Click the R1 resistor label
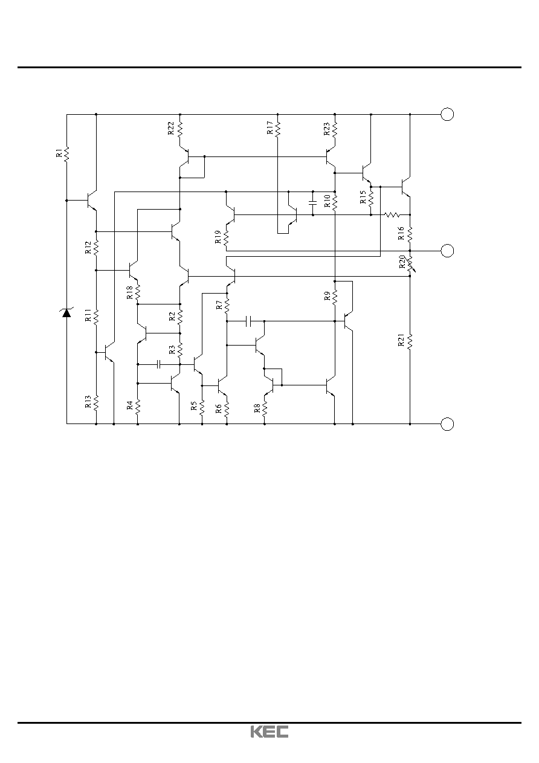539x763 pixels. tap(59, 152)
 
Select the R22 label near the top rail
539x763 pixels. tap(171, 128)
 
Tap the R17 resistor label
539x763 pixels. tap(270, 127)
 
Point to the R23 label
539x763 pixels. tap(327, 129)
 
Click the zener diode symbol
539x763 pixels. tap(66, 312)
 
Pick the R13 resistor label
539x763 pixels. tap(88, 402)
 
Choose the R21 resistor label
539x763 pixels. tap(401, 340)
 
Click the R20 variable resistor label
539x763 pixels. tap(402, 262)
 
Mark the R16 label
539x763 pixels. tap(401, 233)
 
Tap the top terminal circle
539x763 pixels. tap(447, 114)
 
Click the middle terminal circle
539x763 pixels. tap(447, 251)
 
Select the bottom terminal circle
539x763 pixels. tap(447, 424)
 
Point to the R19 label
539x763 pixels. tap(218, 237)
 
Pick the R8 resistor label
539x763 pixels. tap(257, 408)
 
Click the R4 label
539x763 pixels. tap(130, 405)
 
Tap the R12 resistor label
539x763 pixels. tap(88, 248)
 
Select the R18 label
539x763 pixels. tap(130, 292)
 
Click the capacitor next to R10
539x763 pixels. tap(312, 203)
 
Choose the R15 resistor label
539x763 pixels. tap(363, 197)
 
